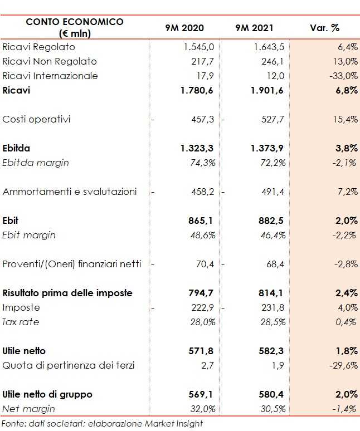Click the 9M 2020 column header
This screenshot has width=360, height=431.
point(184,28)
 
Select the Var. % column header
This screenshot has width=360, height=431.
point(324,28)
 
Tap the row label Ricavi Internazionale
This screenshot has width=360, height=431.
point(50,76)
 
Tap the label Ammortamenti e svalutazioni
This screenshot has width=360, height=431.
point(70,192)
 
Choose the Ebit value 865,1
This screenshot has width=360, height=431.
point(201,221)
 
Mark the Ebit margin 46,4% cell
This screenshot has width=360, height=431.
point(274,235)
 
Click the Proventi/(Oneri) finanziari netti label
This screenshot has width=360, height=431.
point(72,264)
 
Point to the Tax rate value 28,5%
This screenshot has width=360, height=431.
point(274,322)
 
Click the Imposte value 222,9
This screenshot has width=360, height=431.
point(202,307)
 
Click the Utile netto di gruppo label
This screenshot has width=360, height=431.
point(47,394)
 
